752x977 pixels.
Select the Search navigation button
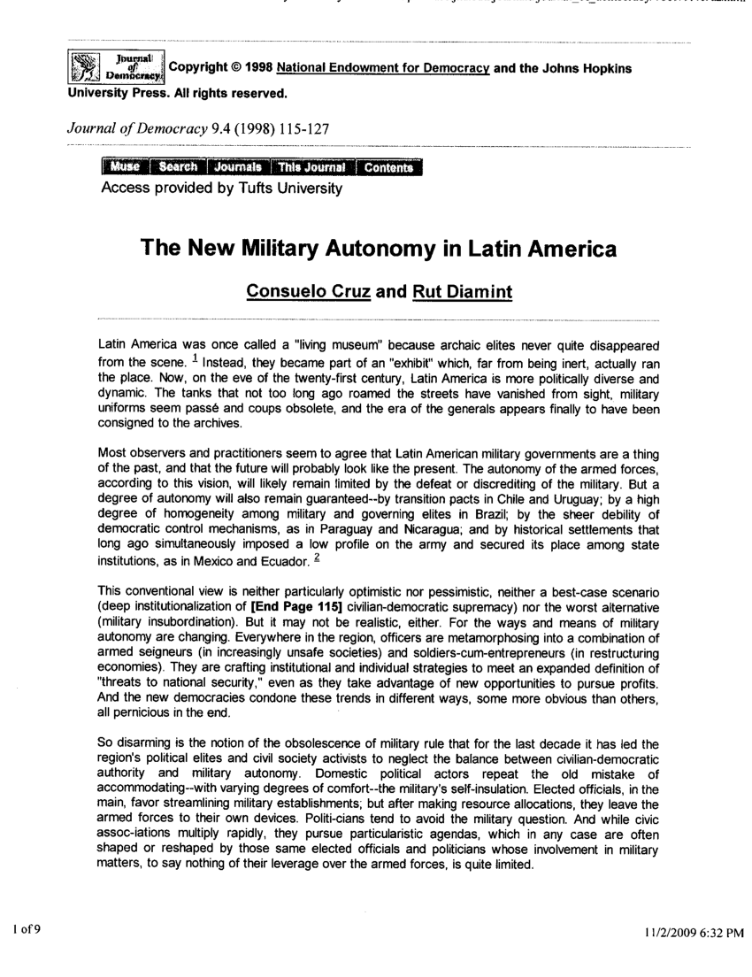(178, 168)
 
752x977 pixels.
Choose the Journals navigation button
(237, 168)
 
